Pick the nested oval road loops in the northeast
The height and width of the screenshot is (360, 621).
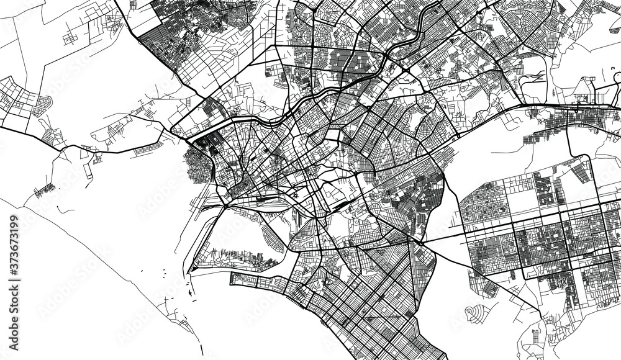[532, 84]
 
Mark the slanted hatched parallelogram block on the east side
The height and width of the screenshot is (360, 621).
[581, 171]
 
